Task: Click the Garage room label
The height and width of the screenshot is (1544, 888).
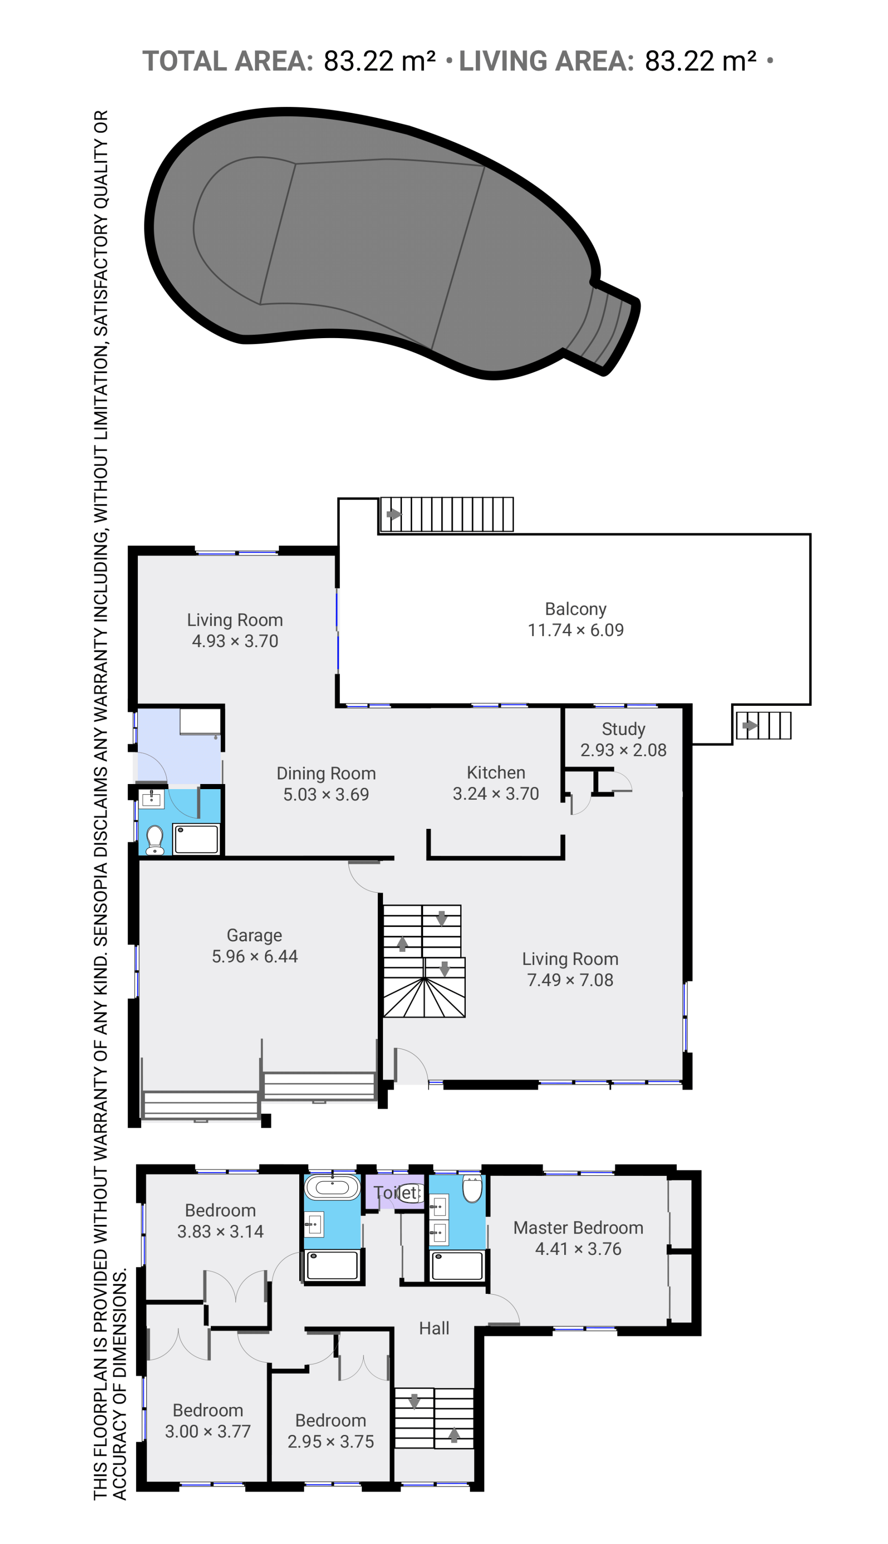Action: pos(254,935)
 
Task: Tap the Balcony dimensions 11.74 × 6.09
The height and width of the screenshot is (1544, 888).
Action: pos(576,630)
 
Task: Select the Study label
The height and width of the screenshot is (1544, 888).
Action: pos(623,729)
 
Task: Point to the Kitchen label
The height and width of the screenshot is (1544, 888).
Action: pos(496,772)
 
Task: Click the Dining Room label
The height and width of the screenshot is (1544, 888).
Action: pos(326,773)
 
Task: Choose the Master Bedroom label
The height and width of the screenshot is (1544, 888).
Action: pos(578,1228)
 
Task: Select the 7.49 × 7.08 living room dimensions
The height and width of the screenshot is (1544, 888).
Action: pos(570,980)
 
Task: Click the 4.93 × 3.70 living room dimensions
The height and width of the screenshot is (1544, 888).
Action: pos(235,641)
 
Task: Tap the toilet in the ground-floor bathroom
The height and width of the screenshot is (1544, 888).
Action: pos(155,840)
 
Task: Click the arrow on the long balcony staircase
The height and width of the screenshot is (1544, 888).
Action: pos(394,513)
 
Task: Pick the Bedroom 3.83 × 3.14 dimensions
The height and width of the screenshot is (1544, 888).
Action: pos(220,1231)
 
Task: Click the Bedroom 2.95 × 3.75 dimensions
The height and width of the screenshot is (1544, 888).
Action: pos(331,1442)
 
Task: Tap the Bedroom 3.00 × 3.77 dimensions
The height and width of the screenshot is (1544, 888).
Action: pos(208,1431)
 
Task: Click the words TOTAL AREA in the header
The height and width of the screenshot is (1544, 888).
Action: pos(228,61)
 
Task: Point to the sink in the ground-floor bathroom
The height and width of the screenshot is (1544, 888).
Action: pos(151,798)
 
